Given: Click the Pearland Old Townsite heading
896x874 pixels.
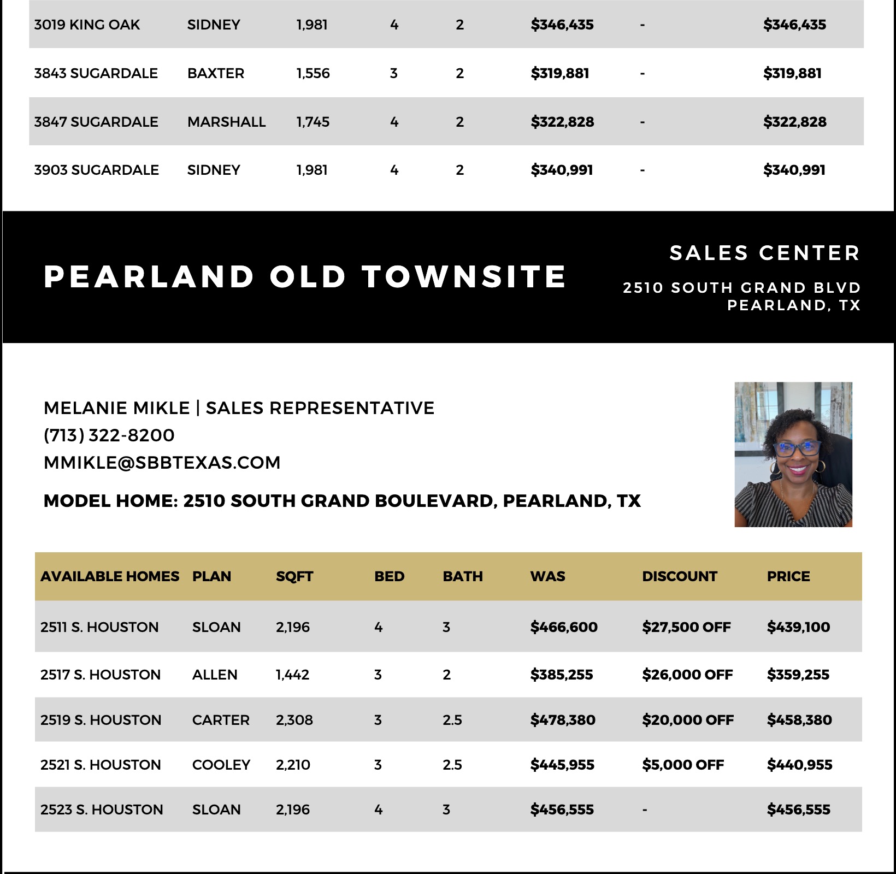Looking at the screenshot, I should point(304,276).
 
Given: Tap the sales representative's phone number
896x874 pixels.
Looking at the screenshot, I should point(109,435).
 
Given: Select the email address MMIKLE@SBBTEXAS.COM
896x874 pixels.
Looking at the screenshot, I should point(162,463).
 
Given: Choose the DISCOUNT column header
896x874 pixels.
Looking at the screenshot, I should point(679,576).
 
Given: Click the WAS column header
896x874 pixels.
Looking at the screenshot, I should point(547,576).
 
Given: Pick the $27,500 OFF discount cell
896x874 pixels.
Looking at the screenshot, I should point(686,627).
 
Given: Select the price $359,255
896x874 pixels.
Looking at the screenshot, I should point(798,675).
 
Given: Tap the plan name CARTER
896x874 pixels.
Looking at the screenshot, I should point(221,720).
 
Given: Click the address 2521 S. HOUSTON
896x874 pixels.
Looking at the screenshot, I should point(101,765).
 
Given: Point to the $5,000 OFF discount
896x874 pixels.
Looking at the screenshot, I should point(683,765).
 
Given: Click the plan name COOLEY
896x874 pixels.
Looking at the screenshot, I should point(221,765).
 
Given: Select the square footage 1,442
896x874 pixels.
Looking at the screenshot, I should point(292,675).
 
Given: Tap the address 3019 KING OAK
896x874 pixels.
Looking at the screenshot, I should point(87,25).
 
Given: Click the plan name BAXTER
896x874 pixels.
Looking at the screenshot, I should point(216,73).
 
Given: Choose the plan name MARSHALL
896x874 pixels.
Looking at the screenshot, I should point(226,122).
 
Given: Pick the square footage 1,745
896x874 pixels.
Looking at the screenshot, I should point(313,122).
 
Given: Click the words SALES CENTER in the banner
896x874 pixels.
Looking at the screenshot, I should point(764,253).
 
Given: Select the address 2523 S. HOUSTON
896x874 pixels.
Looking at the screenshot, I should point(102,810).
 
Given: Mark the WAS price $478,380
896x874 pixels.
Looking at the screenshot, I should point(563,720).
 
